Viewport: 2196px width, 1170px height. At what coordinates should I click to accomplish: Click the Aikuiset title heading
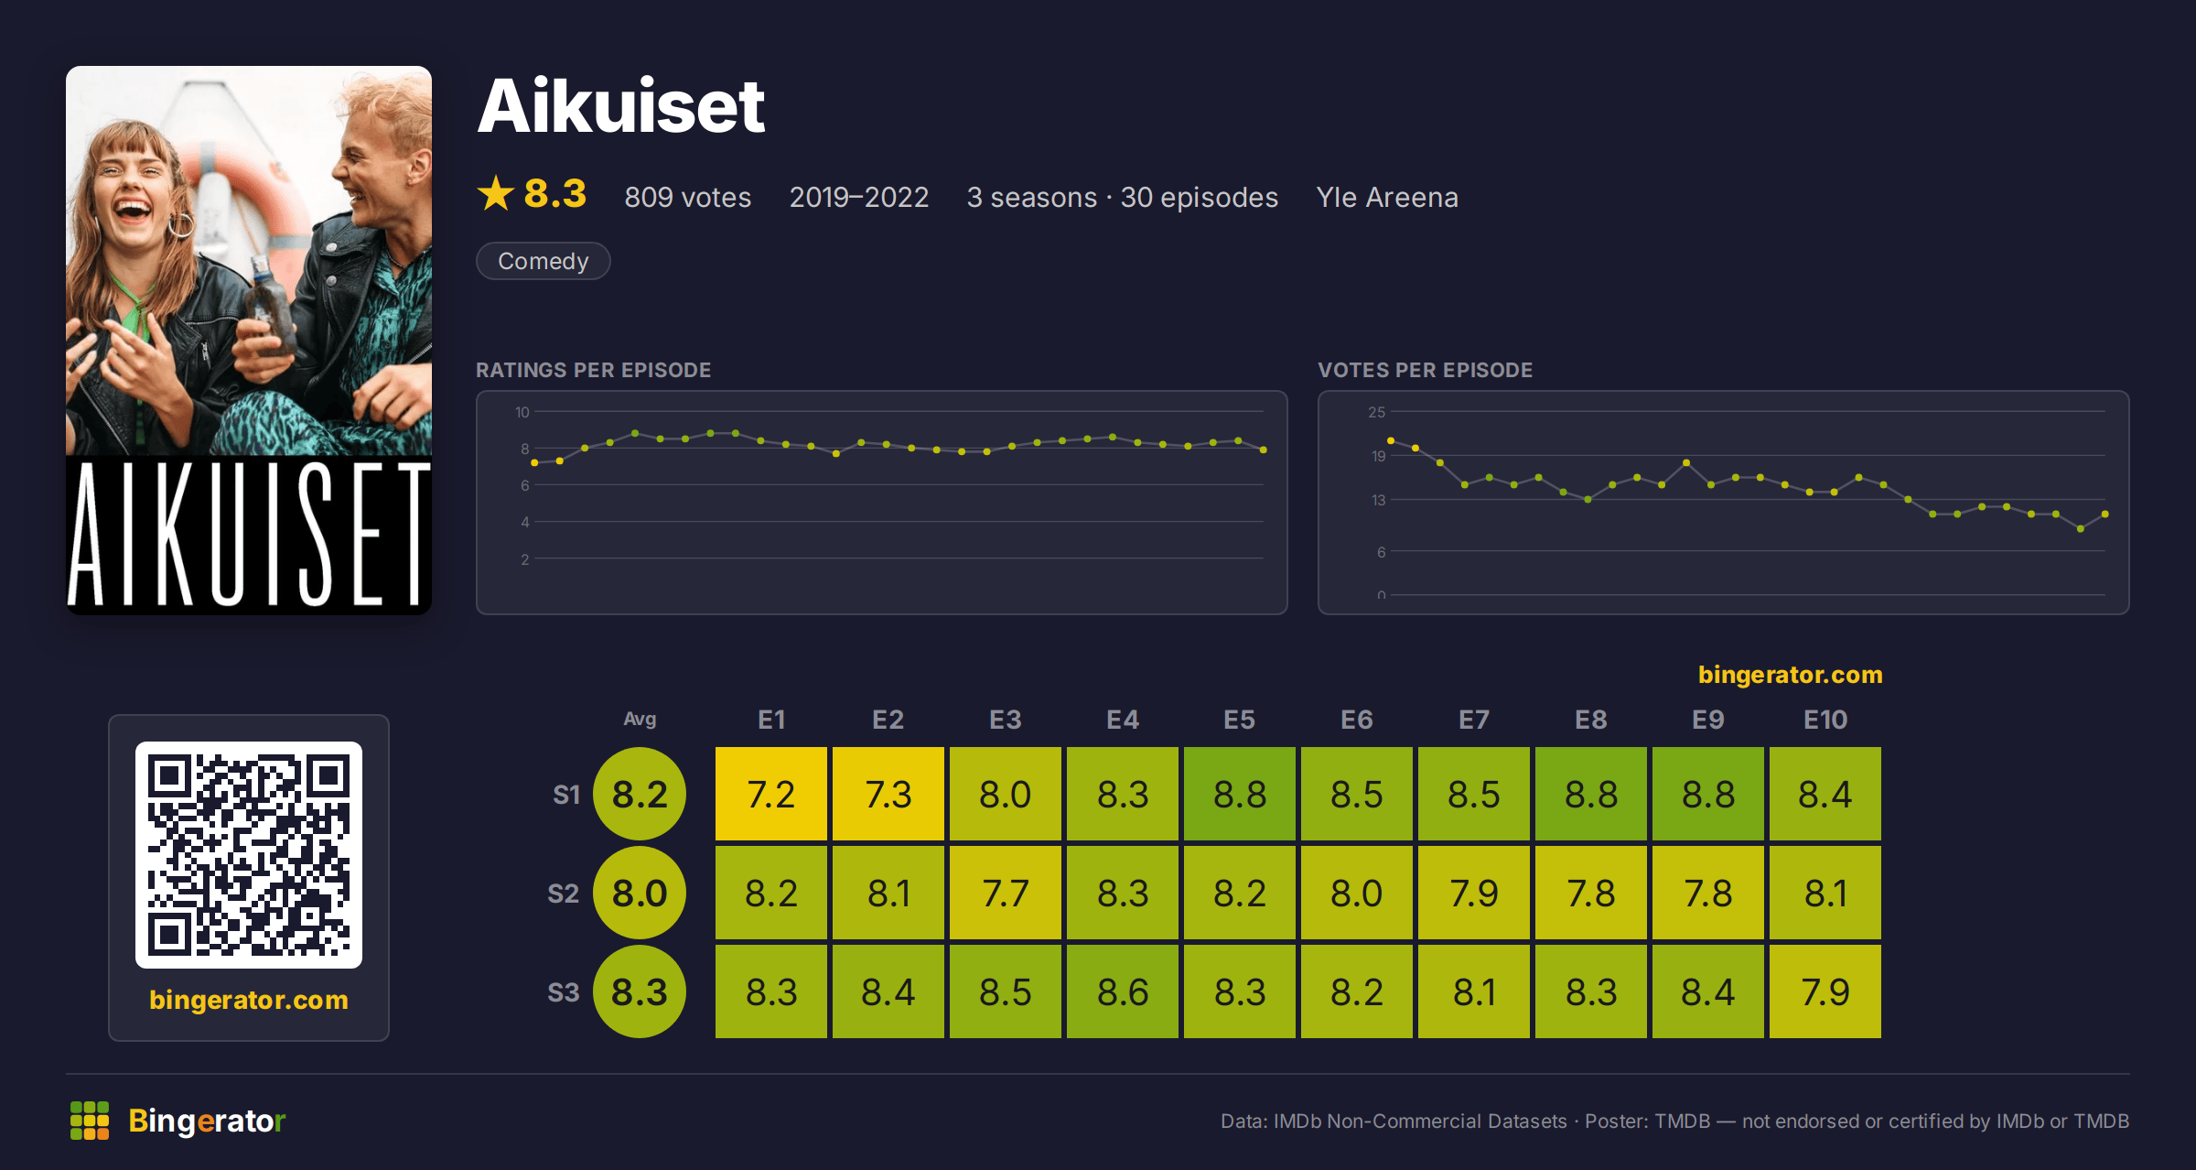click(620, 106)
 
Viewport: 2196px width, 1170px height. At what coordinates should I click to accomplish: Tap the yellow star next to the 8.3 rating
click(496, 193)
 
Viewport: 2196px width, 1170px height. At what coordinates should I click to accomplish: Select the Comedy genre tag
click(544, 261)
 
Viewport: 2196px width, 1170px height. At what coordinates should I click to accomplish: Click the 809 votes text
click(688, 197)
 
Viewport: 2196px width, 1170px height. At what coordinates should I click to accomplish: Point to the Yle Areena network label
click(1387, 197)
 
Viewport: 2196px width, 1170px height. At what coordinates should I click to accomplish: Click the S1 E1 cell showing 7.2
click(771, 794)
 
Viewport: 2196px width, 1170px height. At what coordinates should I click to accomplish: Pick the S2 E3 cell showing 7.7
click(1006, 893)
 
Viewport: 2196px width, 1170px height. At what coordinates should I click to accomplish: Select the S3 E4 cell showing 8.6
click(1123, 991)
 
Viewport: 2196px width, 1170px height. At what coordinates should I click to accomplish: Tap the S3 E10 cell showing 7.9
click(1825, 991)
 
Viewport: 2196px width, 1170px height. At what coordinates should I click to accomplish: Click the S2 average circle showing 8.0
click(640, 893)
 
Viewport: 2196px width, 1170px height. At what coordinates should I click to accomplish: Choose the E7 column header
click(1474, 720)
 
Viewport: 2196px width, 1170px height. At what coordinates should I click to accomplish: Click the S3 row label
click(564, 992)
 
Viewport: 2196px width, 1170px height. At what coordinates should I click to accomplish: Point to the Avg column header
click(640, 719)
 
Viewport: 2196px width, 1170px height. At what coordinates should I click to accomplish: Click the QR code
click(249, 855)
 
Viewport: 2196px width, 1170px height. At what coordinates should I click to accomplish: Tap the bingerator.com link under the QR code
click(249, 1000)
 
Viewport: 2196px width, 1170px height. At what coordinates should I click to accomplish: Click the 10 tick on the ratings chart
click(522, 412)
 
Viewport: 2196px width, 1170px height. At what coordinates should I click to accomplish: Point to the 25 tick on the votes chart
click(1377, 412)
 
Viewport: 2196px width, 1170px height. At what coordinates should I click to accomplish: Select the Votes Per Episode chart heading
click(1425, 370)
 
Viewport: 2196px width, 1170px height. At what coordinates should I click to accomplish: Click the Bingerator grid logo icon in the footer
click(90, 1121)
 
